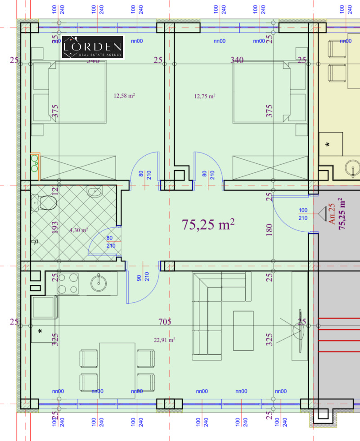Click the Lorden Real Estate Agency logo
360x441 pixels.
click(x=92, y=47)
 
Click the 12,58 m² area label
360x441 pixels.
click(x=125, y=95)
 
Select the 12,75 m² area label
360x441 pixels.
click(x=205, y=96)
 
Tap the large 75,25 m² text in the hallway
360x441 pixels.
click(x=208, y=225)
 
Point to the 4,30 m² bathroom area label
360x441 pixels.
click(x=78, y=230)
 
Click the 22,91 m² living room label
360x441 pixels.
click(x=165, y=340)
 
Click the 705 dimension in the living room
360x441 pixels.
click(x=166, y=322)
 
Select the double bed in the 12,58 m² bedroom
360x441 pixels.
click(x=70, y=92)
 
